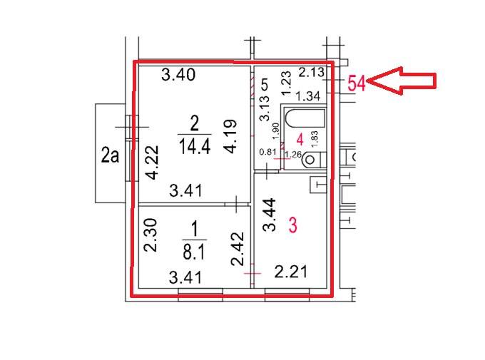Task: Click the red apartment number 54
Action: [x=357, y=83]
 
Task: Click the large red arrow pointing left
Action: [x=402, y=81]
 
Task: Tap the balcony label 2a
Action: [x=110, y=155]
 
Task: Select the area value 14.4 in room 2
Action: [x=195, y=146]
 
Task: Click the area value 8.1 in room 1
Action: [x=194, y=251]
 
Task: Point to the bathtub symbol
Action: [x=305, y=118]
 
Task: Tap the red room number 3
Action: [x=293, y=225]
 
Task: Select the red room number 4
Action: [x=300, y=140]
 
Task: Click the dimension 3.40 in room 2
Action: [x=178, y=75]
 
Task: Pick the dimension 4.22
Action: [x=153, y=163]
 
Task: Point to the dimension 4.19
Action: [x=231, y=136]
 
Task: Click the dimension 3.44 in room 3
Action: [x=269, y=215]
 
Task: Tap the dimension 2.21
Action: [x=291, y=272]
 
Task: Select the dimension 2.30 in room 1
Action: [x=151, y=235]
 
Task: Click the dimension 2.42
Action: [x=238, y=249]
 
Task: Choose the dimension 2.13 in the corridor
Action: [x=312, y=73]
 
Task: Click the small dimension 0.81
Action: [x=267, y=152]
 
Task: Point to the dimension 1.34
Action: [x=308, y=96]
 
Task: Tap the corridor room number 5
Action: [x=265, y=84]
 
